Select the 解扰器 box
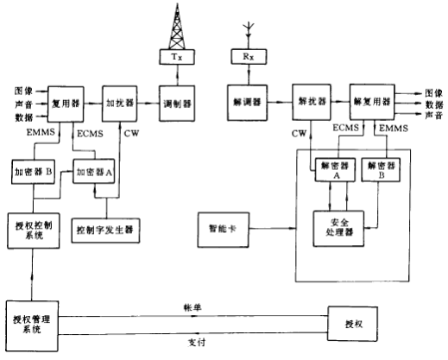click(x=310, y=101)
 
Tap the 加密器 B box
click(x=33, y=171)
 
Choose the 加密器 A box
click(x=94, y=171)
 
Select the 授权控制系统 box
click(x=32, y=231)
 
